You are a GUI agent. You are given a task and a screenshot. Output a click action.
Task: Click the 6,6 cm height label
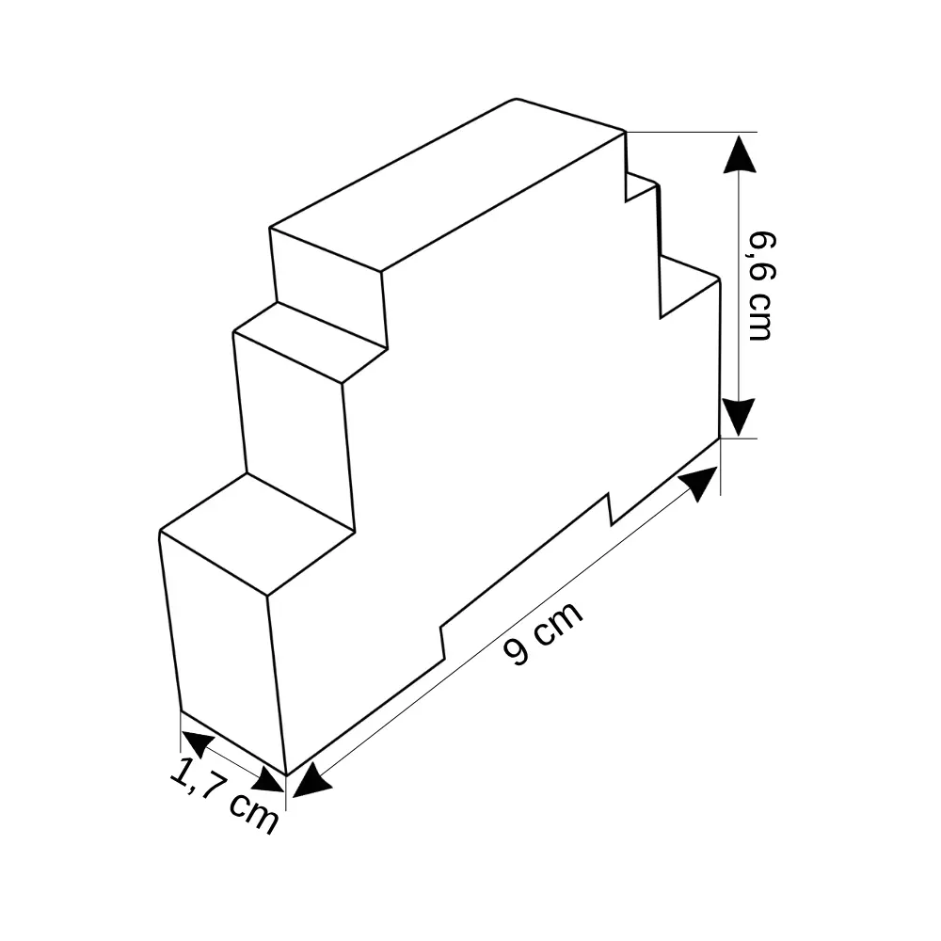pos(761,286)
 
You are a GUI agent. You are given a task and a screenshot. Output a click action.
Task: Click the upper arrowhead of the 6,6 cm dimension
pos(739,153)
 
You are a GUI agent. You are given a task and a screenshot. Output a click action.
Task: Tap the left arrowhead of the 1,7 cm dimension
pos(197,743)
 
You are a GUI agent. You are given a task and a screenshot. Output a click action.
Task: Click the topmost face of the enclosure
pos(448,183)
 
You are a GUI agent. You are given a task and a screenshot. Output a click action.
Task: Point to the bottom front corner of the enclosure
pos(286,775)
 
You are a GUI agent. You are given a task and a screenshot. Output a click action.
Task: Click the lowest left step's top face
pos(258,534)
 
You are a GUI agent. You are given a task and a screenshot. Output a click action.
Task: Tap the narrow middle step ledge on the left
pos(311,343)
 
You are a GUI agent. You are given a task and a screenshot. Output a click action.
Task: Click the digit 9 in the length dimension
pos(516,652)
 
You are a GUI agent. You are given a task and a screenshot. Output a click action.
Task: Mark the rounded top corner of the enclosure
pos(516,99)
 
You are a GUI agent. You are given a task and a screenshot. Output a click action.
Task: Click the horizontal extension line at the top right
pos(692,132)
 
